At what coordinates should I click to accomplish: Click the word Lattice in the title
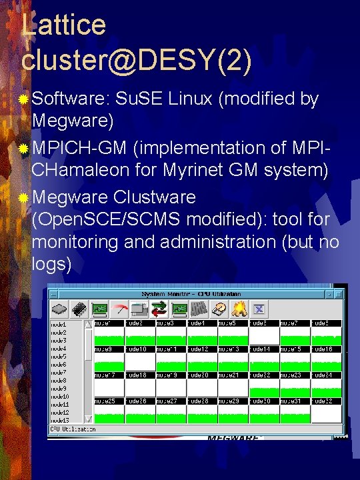pyautogui.click(x=63, y=25)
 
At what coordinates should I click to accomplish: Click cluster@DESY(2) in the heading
pyautogui.click(x=137, y=61)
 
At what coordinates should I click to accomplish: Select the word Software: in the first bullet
pyautogui.click(x=70, y=99)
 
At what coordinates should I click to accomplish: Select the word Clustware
pyautogui.click(x=155, y=197)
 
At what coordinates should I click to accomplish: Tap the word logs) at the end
pyautogui.click(x=51, y=264)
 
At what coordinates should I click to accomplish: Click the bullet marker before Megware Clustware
pyautogui.click(x=24, y=198)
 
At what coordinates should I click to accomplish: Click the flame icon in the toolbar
pyautogui.click(x=240, y=309)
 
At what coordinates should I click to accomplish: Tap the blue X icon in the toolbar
pyautogui.click(x=259, y=309)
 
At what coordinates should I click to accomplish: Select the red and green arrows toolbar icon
pyautogui.click(x=159, y=309)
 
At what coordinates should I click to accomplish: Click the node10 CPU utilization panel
pyautogui.click(x=140, y=361)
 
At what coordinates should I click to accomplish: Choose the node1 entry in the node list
pyautogui.click(x=59, y=325)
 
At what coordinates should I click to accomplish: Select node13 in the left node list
pyautogui.click(x=59, y=420)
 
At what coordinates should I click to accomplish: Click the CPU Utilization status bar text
pyautogui.click(x=73, y=429)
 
